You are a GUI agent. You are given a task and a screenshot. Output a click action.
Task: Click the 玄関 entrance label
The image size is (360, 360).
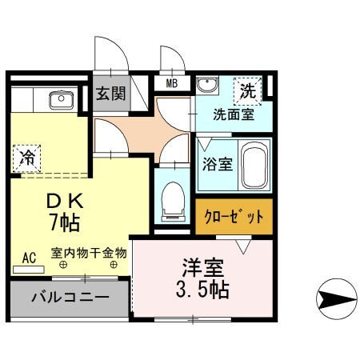110,93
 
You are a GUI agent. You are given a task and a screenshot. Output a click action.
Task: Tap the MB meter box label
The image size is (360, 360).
172,82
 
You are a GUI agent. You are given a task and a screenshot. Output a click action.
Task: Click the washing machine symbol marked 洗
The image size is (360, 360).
250,90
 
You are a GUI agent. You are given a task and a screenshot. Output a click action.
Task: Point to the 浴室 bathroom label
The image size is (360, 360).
217,165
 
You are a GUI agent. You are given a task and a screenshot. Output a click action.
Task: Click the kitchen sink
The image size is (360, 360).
61,100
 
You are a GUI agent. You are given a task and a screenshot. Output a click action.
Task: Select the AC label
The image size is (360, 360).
29,258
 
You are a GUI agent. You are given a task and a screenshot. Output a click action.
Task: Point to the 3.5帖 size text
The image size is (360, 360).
202,289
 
